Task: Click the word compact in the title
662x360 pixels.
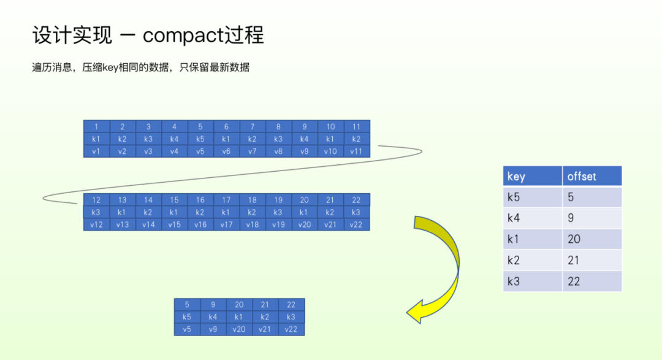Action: click(x=183, y=35)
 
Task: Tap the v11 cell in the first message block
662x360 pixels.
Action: click(x=357, y=151)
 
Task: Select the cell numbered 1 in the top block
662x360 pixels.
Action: click(x=96, y=127)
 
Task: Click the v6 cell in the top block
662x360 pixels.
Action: click(x=226, y=151)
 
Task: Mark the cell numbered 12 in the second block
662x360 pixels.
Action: click(x=96, y=200)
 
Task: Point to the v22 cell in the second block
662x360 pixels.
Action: click(x=357, y=224)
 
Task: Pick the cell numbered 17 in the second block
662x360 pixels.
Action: click(x=226, y=200)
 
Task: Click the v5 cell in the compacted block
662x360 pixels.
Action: click(x=187, y=329)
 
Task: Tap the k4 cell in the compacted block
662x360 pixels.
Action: click(x=213, y=317)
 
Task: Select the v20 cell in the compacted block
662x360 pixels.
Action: click(x=239, y=329)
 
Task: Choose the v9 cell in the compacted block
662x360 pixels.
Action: click(x=213, y=329)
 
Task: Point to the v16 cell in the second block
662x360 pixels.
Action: click(x=200, y=224)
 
